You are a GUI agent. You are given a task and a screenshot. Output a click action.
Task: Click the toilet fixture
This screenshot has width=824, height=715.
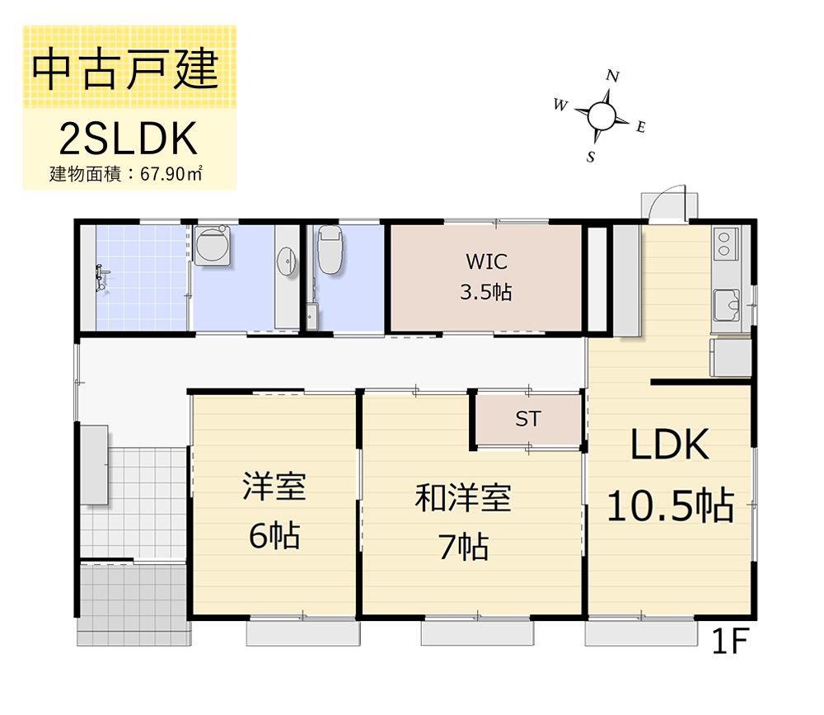coord(330,250)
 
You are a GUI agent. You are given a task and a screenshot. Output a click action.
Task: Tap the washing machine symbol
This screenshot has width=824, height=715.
coord(212,245)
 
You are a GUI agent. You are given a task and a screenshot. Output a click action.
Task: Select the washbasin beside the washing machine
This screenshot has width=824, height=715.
coord(287,261)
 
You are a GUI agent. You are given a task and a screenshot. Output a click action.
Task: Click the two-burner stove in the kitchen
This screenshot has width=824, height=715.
coord(724,243)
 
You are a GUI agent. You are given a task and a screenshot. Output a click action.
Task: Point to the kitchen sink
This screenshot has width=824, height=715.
coord(726,304)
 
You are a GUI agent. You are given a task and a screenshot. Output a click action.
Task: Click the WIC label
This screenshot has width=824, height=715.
coord(487,261)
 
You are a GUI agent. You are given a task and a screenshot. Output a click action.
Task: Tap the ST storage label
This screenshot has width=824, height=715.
coord(527,419)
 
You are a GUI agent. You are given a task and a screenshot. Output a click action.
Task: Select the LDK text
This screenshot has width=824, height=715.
coord(669,445)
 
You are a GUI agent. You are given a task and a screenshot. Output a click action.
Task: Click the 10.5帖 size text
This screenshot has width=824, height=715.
coord(671,505)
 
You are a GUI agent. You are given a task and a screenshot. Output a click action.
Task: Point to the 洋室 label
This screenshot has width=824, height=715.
coord(274,486)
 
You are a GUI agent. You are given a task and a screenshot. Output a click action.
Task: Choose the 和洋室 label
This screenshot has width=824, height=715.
coord(463,498)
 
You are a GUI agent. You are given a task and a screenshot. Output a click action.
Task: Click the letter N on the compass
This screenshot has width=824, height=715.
coord(612,77)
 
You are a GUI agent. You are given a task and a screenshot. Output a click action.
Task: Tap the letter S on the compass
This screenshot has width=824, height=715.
coord(591,157)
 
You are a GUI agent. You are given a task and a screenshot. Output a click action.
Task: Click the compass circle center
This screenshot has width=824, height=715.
coord(602,116)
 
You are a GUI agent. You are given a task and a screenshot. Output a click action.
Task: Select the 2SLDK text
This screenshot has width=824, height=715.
coord(129,139)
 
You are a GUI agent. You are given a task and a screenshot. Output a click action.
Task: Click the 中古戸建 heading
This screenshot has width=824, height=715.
coord(125,69)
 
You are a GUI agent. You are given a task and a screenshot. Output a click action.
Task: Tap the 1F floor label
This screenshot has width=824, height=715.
coord(729,641)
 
